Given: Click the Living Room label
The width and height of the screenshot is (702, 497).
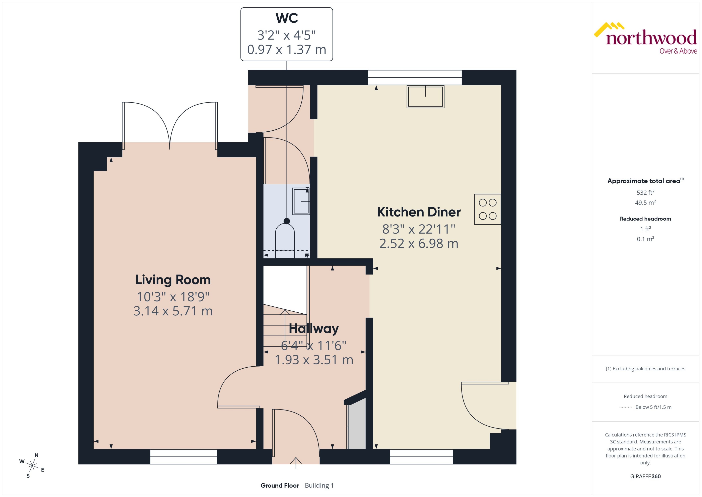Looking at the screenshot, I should pos(173,280).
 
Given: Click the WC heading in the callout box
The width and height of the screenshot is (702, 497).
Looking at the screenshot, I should pos(287,18).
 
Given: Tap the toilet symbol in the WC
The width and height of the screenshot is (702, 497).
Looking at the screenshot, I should pos(285,237).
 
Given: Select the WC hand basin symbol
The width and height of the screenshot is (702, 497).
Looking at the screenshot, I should pos(301,201).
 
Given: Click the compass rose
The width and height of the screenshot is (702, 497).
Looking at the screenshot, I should pos(32,466).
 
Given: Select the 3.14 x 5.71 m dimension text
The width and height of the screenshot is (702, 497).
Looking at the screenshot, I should pos(173,311).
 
